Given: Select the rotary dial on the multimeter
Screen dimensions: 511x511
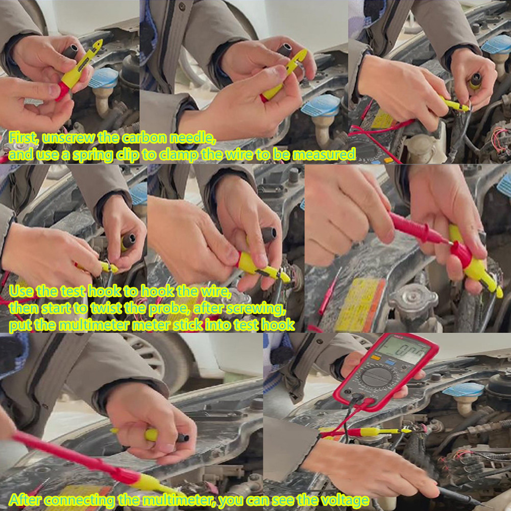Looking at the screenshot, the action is coord(377,377).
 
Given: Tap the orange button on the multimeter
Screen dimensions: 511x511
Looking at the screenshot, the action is coord(376,357).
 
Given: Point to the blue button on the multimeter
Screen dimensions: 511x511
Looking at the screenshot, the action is coord(390,362).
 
